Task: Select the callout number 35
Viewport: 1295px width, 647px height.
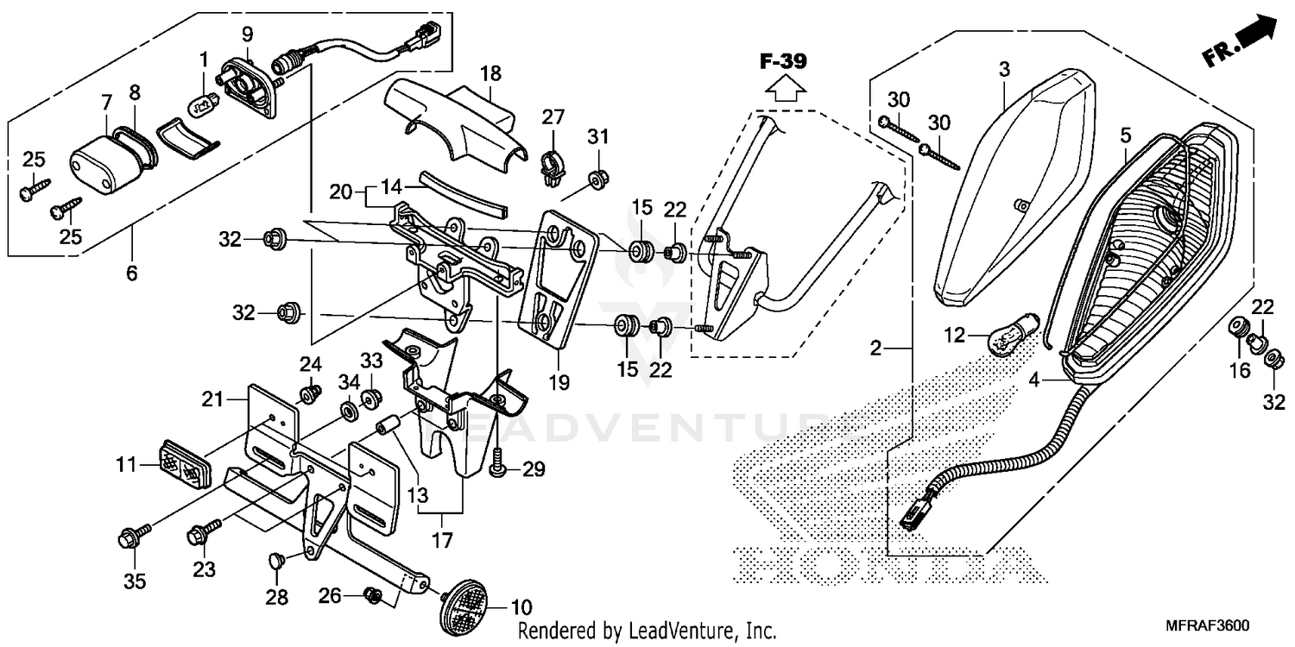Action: pyautogui.click(x=134, y=581)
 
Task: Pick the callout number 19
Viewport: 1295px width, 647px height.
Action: pyautogui.click(x=559, y=381)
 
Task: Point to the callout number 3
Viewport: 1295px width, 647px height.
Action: pyautogui.click(x=1003, y=70)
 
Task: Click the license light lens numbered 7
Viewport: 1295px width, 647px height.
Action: pyautogui.click(x=97, y=163)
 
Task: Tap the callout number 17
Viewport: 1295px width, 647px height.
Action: pyautogui.click(x=441, y=542)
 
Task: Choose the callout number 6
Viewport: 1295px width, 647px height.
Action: pyautogui.click(x=131, y=273)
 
